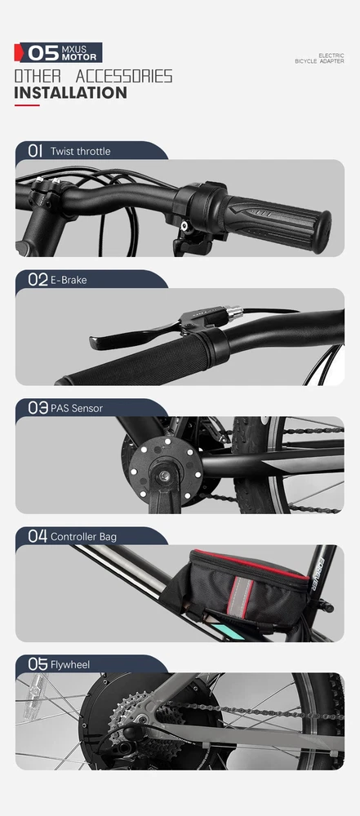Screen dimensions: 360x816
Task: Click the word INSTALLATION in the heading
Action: click(x=70, y=93)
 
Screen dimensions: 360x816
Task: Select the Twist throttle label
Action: click(x=80, y=152)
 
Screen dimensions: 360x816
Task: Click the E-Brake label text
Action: click(x=69, y=280)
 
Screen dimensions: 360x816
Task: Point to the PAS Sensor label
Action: click(x=77, y=409)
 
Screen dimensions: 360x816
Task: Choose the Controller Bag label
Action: click(x=83, y=537)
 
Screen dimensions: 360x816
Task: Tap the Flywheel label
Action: click(x=70, y=665)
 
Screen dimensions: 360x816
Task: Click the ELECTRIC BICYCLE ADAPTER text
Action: click(x=319, y=58)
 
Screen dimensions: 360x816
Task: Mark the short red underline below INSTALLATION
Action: click(x=27, y=105)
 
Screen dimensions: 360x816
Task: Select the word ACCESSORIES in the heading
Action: click(x=124, y=77)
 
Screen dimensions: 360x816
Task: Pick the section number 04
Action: click(x=38, y=536)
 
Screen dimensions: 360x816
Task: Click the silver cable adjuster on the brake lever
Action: click(x=233, y=313)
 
